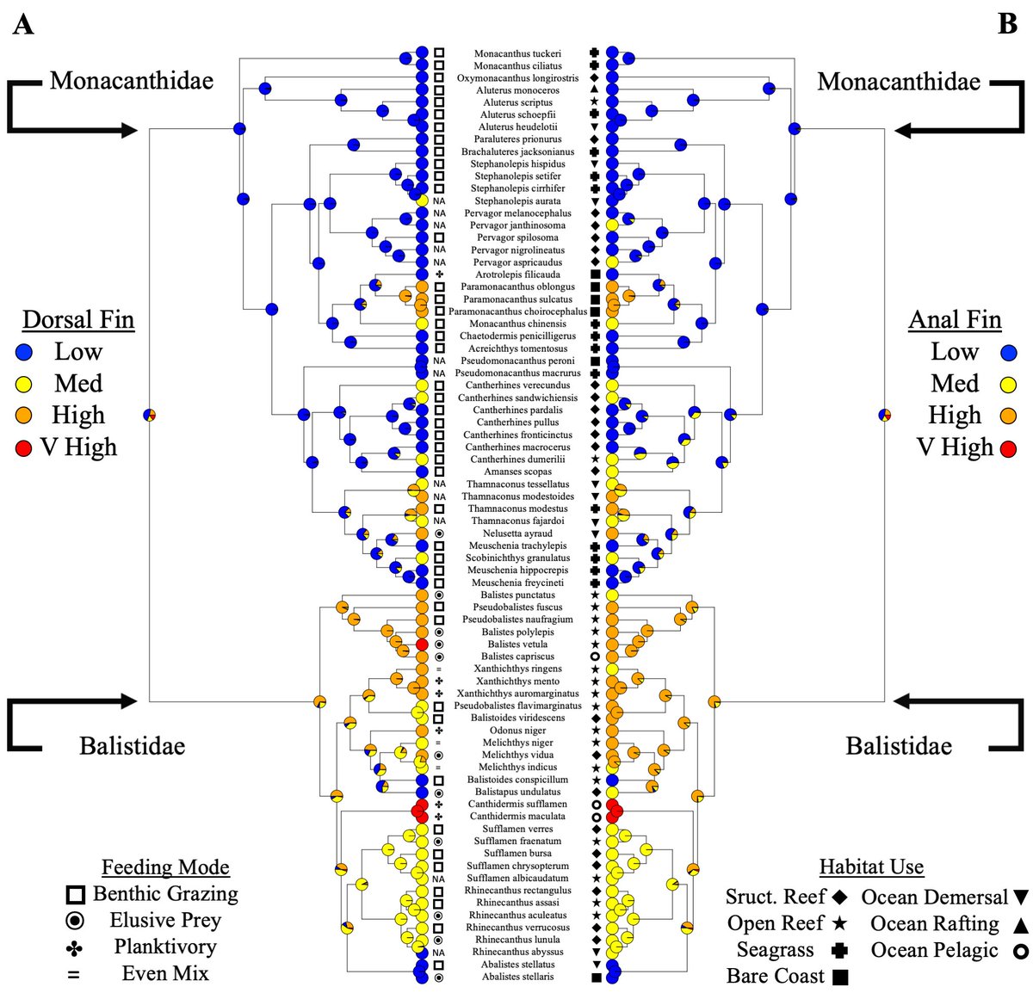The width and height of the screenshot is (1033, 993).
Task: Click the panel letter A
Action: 23,24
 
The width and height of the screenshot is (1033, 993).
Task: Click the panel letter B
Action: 1008,24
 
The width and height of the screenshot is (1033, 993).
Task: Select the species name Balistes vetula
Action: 516,645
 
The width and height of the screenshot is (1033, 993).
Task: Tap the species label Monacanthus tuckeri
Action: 517,53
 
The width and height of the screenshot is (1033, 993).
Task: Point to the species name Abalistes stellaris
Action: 517,977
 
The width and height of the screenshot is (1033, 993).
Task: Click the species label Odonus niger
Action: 517,731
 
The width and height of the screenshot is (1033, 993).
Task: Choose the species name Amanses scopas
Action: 517,472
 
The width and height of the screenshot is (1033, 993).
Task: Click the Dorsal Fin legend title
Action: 78,320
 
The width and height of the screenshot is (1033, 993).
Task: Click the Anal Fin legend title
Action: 955,320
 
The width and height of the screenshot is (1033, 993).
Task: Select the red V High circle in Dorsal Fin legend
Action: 24,448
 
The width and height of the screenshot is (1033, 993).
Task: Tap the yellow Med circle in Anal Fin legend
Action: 1008,385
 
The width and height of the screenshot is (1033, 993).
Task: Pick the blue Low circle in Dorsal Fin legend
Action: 24,353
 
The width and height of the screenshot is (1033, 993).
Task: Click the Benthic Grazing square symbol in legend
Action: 75,895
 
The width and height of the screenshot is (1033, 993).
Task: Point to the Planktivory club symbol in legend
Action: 75,948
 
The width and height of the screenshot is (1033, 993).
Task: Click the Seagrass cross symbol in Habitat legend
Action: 839,951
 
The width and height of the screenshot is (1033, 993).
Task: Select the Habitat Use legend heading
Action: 871,867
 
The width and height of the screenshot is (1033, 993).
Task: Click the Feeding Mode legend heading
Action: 165,867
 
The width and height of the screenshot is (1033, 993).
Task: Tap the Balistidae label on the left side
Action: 132,745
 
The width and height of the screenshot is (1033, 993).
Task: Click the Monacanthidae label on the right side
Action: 899,82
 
